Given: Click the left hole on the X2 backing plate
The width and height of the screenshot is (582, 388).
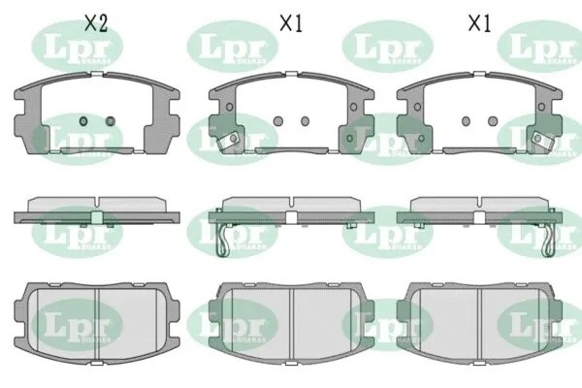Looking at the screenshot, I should pos(83,121).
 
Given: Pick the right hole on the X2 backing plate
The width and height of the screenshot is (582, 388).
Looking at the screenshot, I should pos(110,121).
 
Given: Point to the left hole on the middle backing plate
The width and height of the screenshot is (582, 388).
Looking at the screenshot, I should pos(278,121).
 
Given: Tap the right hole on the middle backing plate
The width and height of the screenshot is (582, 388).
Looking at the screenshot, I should pos(305,121).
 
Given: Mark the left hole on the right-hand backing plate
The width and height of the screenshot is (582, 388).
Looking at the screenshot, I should pos(466,121).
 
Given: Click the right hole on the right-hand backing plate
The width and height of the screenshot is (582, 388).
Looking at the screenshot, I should pos(492,121).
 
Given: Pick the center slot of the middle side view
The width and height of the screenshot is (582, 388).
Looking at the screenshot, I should pos(291,214).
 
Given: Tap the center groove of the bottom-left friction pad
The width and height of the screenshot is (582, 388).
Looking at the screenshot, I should pos(97,320).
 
